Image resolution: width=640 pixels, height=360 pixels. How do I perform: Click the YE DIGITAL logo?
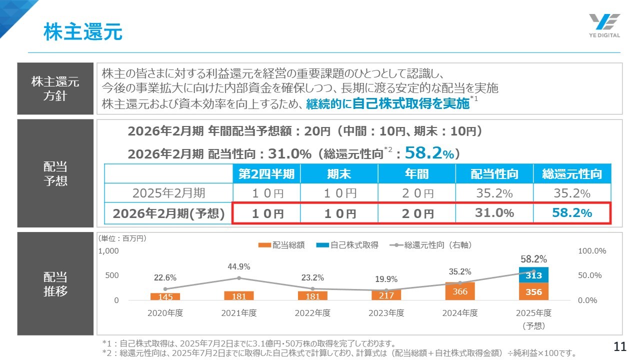[604, 25]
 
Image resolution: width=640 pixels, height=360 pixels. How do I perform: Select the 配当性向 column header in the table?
[494, 174]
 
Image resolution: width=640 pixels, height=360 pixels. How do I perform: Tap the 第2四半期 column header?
[269, 174]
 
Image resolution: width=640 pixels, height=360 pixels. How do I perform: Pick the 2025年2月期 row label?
[168, 193]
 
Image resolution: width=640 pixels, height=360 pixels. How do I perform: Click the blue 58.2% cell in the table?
[572, 213]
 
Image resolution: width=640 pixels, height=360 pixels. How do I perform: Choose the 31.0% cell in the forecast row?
[494, 213]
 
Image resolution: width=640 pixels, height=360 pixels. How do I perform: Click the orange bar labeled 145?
[165, 296]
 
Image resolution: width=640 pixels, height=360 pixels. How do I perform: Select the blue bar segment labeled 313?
[534, 275]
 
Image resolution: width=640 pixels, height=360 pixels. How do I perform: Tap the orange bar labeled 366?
[460, 291]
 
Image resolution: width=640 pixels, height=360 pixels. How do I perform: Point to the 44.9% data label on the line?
[238, 266]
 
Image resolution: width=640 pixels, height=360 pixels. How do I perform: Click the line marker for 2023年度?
[386, 290]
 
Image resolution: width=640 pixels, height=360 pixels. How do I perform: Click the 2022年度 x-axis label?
[312, 313]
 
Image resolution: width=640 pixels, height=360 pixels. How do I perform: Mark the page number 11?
[619, 346]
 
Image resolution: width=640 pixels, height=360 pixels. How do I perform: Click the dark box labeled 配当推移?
[55, 284]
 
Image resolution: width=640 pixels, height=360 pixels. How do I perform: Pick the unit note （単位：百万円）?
[122, 239]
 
